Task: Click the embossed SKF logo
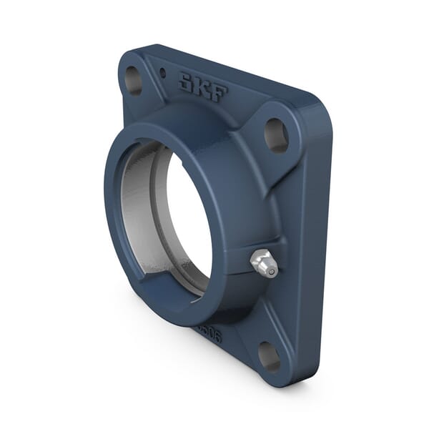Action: coord(203,87)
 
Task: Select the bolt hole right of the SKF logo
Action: coord(276,134)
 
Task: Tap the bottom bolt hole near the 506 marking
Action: coord(270,356)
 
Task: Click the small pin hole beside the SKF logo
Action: coord(163,73)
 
